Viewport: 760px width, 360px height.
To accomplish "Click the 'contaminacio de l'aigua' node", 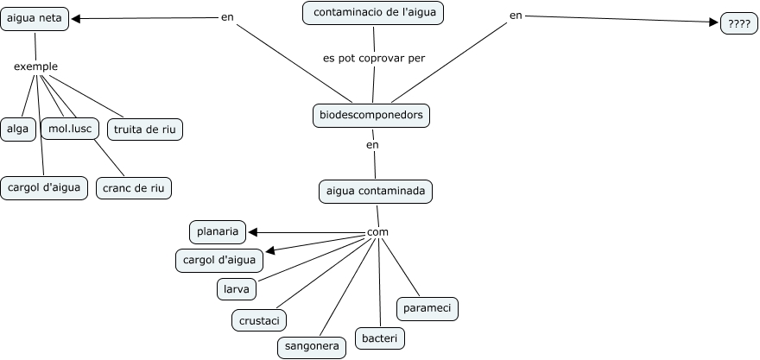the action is pos(373,13).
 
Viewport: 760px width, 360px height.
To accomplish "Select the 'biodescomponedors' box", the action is pos(371,116).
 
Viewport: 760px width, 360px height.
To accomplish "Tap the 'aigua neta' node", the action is pos(35,19).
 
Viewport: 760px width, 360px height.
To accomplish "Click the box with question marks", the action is pos(739,24).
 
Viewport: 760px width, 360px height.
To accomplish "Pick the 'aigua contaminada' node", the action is pos(376,191).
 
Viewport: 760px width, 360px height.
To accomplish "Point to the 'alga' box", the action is pos(18,129).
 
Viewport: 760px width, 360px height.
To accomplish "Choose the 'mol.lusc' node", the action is pos(70,129).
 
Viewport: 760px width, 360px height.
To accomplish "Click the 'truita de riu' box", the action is pos(145,129).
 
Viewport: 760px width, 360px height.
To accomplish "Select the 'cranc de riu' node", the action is pos(134,188).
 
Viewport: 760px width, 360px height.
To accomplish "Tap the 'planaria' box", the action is pos(218,231).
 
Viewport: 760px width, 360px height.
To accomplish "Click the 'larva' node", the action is pos(237,289).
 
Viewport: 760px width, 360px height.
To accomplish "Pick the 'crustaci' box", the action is pos(259,320).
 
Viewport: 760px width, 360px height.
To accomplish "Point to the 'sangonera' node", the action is pos(312,347).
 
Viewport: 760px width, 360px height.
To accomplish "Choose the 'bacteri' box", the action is pos(380,338).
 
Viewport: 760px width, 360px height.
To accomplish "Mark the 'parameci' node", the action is pos(427,308).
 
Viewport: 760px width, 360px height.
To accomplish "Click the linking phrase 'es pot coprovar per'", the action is pos(374,58).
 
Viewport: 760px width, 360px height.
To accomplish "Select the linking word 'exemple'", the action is pos(36,66).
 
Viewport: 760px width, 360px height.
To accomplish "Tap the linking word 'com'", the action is pos(377,232).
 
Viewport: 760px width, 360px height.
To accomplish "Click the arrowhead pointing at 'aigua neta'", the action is pos(76,19).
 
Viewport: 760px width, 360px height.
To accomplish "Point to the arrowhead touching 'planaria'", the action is pos(252,232).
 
